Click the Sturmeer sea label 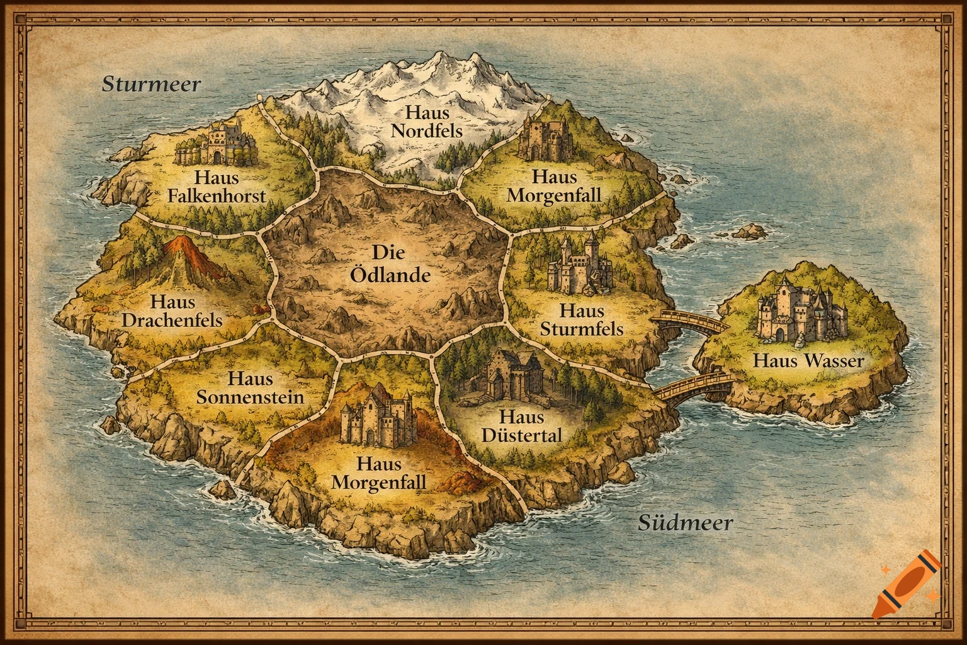pyautogui.click(x=151, y=84)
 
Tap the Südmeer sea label pyautogui.click(x=686, y=522)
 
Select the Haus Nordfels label pyautogui.click(x=427, y=122)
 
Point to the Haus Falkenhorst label pyautogui.click(x=217, y=186)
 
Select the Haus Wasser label pyautogui.click(x=808, y=361)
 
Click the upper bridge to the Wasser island pyautogui.click(x=688, y=321)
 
